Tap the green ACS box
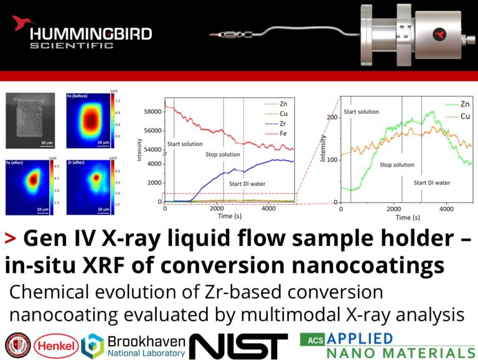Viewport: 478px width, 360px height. pyautogui.click(x=313, y=339)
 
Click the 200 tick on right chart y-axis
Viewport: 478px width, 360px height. pyautogui.click(x=331, y=117)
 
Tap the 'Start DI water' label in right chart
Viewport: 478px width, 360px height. pyautogui.click(x=432, y=182)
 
